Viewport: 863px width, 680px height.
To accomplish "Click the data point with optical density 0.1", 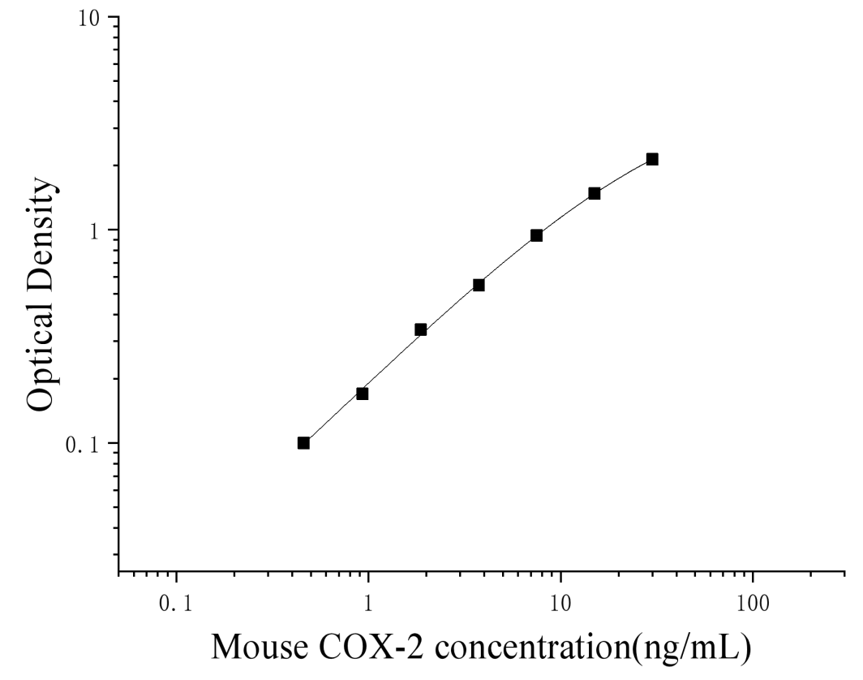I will tap(303, 442).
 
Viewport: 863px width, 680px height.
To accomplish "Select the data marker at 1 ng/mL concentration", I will tap(362, 394).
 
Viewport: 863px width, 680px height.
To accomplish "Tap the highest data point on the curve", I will tap(652, 159).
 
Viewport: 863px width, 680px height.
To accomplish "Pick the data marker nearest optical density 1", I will tap(536, 235).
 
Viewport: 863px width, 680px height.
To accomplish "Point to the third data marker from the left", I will tap(420, 329).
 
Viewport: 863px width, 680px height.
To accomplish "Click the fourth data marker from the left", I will tap(479, 285).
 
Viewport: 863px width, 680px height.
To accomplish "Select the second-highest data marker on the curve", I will tap(595, 193).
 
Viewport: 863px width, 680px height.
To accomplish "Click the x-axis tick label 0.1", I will tap(176, 605).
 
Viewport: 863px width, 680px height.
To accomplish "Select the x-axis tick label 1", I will tap(368, 605).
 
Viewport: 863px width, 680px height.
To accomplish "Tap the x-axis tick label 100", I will tap(753, 605).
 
